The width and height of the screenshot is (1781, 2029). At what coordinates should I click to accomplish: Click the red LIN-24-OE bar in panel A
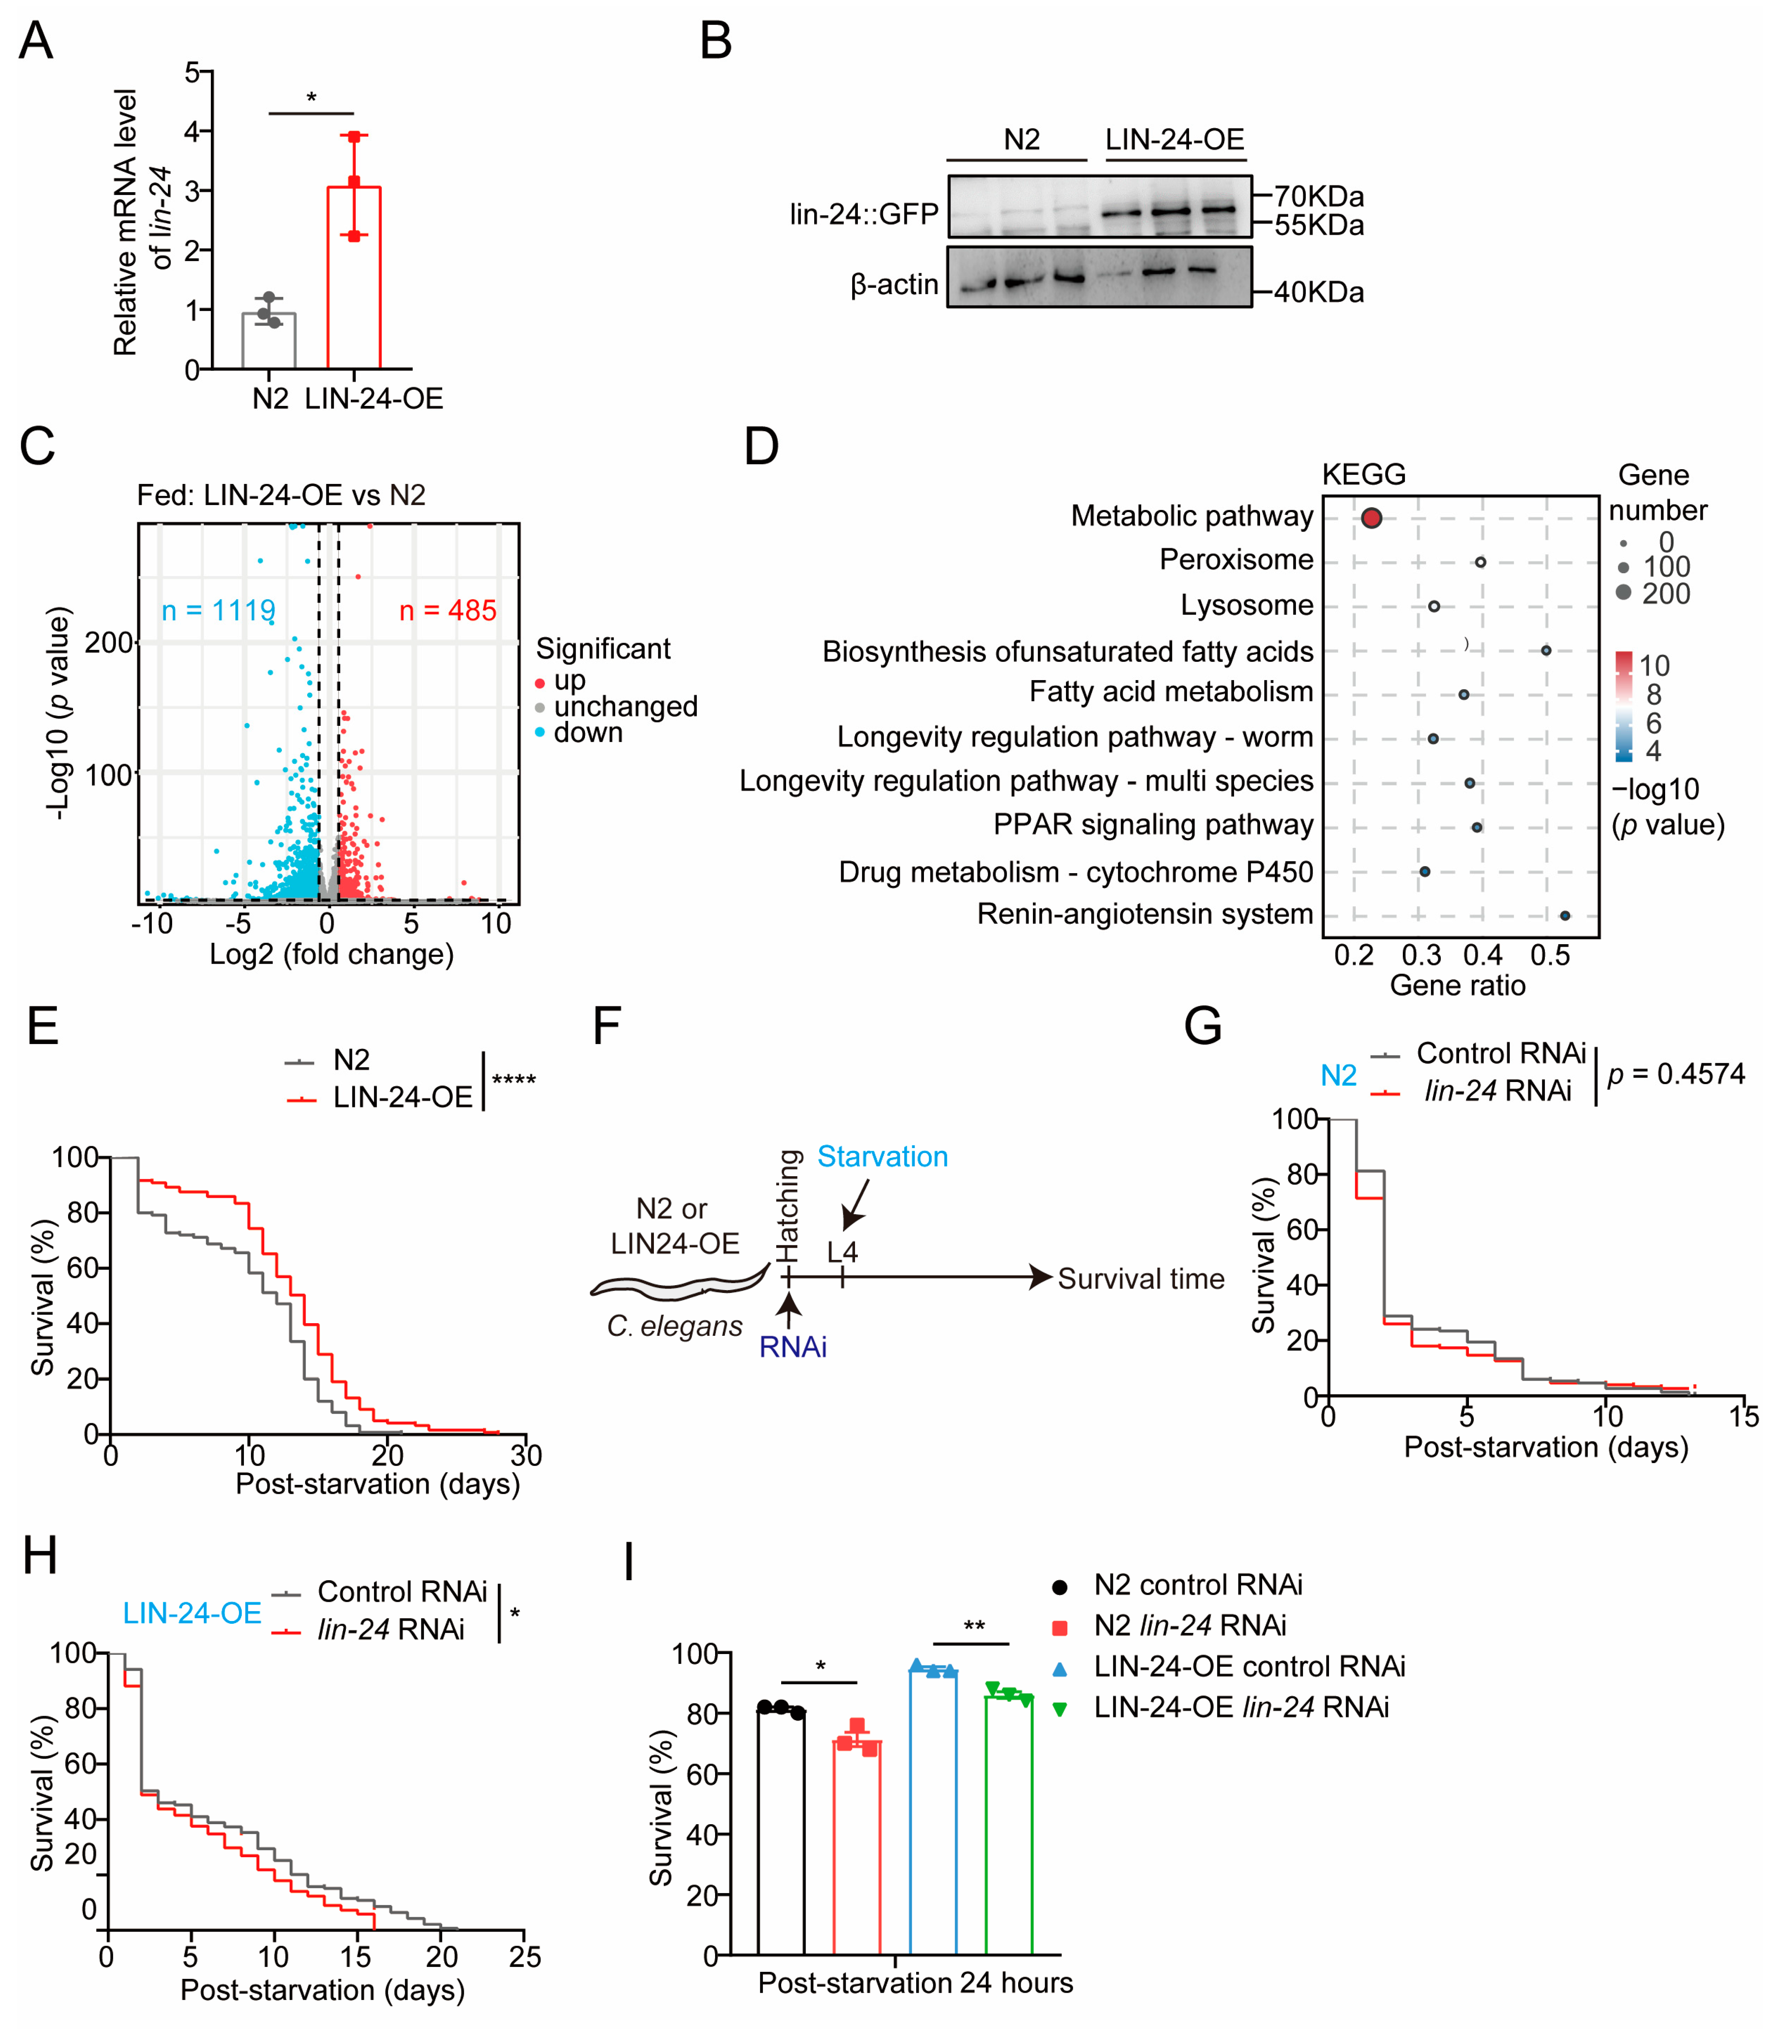[354, 278]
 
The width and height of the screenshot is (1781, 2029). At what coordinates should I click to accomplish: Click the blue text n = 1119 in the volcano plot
[218, 610]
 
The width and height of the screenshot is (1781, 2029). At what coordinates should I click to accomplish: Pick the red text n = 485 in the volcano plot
[447, 610]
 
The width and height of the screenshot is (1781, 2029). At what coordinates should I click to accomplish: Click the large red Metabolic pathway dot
[1371, 517]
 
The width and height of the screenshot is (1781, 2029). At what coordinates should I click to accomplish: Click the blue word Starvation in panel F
[882, 1156]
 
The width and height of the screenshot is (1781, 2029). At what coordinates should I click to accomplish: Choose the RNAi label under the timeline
[793, 1347]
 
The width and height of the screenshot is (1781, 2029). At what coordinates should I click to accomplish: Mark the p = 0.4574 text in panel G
[1676, 1074]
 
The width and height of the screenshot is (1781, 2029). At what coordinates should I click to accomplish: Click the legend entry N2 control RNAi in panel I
[1196, 1584]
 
